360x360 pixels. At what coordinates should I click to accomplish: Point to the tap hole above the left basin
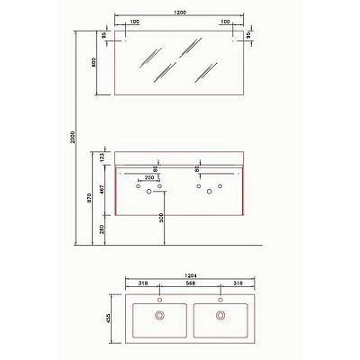[160, 299]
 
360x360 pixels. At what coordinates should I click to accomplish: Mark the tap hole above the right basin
[220, 299]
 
